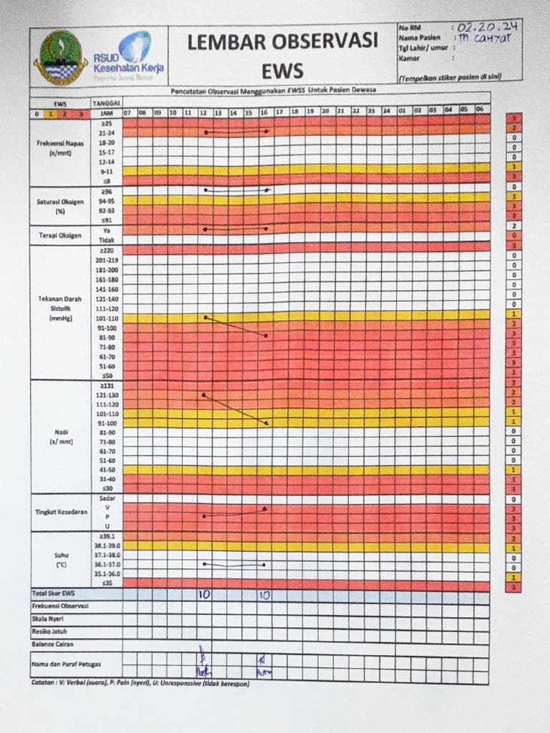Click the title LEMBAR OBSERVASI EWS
pyautogui.click(x=282, y=55)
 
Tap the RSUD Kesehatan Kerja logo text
pyautogui.click(x=129, y=62)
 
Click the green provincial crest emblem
pyautogui.click(x=60, y=57)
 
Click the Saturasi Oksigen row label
pyautogui.click(x=60, y=206)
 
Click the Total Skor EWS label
pyautogui.click(x=53, y=593)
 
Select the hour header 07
pyautogui.click(x=127, y=112)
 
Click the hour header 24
pyautogui.click(x=386, y=112)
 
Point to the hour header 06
pyautogui.click(x=479, y=110)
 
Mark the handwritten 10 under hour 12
pyautogui.click(x=204, y=594)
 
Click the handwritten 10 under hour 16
pyautogui.click(x=264, y=594)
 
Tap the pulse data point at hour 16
pyautogui.click(x=266, y=424)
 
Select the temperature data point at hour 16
pyautogui.click(x=264, y=564)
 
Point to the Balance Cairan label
pyautogui.click(x=49, y=644)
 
